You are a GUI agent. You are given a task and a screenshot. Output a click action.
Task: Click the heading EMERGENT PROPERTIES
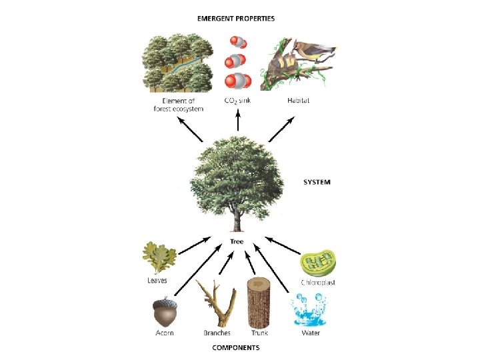(235, 18)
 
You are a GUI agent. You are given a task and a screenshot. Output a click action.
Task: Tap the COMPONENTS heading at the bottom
(235, 347)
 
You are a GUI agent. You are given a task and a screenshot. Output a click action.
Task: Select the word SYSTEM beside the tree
(317, 181)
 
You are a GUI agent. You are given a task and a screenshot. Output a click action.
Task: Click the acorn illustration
(163, 311)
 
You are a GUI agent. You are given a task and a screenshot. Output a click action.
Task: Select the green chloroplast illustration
(317, 263)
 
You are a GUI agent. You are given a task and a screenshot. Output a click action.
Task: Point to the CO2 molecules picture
(237, 63)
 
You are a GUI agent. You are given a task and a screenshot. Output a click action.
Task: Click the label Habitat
(298, 101)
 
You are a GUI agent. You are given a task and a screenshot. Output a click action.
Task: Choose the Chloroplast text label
(317, 282)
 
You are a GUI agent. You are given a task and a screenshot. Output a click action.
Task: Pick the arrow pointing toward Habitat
(281, 129)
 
